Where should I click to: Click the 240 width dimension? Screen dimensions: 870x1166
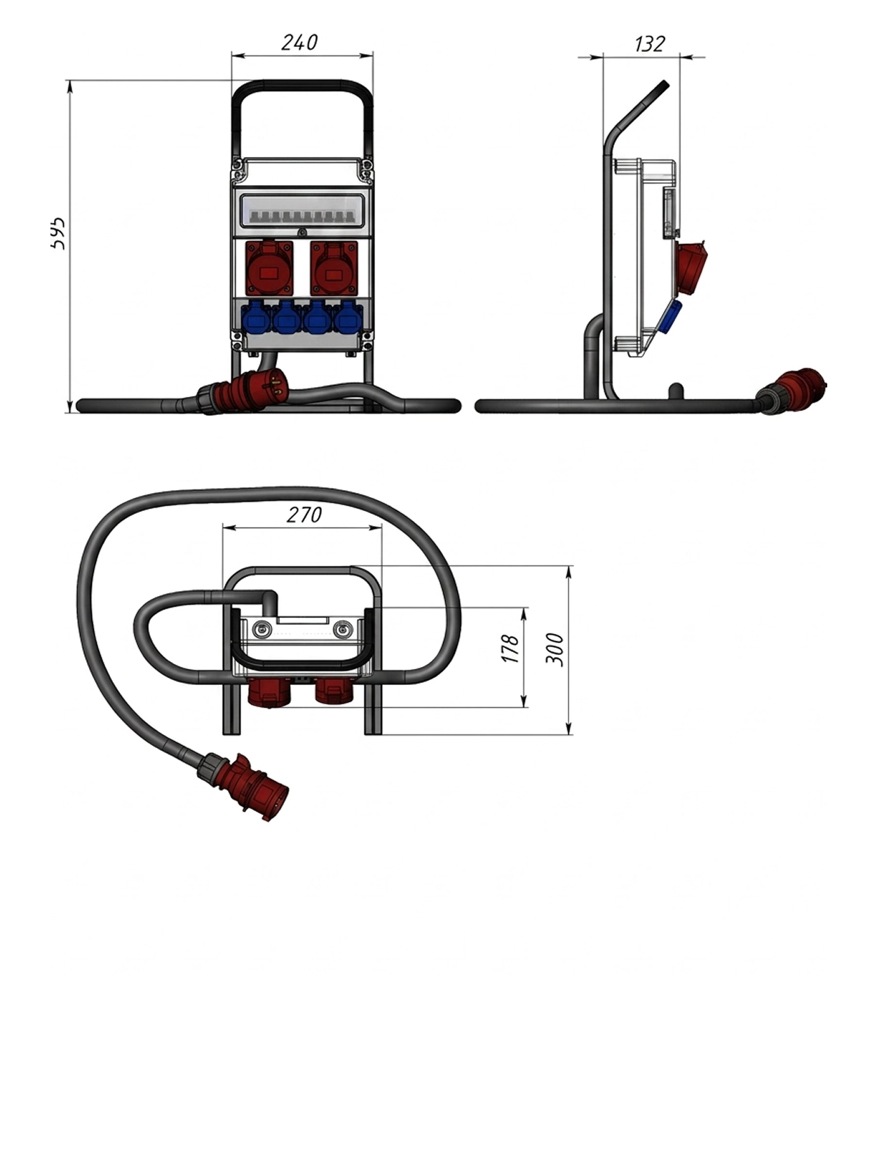click(299, 43)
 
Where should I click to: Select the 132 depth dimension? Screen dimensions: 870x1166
click(649, 44)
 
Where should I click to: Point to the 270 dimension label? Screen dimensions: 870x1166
click(304, 514)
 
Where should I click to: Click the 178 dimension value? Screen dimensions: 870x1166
click(510, 648)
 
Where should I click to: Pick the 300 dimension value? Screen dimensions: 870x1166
click(554, 649)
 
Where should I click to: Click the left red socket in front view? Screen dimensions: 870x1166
click(269, 268)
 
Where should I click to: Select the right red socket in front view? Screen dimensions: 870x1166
click(334, 268)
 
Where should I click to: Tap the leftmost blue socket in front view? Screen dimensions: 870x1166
click(256, 318)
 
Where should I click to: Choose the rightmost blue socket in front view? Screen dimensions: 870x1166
click(347, 318)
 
